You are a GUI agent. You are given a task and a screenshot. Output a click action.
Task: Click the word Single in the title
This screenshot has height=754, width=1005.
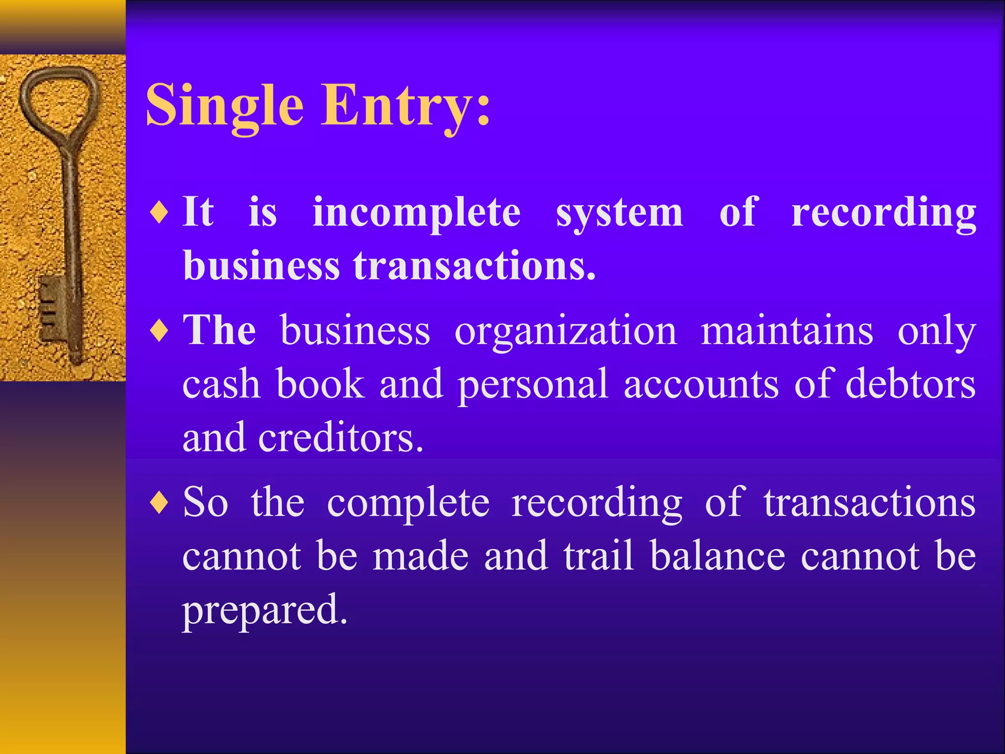[224, 106]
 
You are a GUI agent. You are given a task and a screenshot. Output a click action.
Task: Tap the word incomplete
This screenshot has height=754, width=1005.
[417, 213]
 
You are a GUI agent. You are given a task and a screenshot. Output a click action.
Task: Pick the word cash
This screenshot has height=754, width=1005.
[221, 384]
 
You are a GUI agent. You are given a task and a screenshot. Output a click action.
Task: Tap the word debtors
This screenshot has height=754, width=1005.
[910, 383]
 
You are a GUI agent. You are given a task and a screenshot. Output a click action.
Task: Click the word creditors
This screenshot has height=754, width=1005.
[341, 437]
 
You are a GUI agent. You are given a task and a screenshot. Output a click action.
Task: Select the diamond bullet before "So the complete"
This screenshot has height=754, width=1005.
[159, 503]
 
